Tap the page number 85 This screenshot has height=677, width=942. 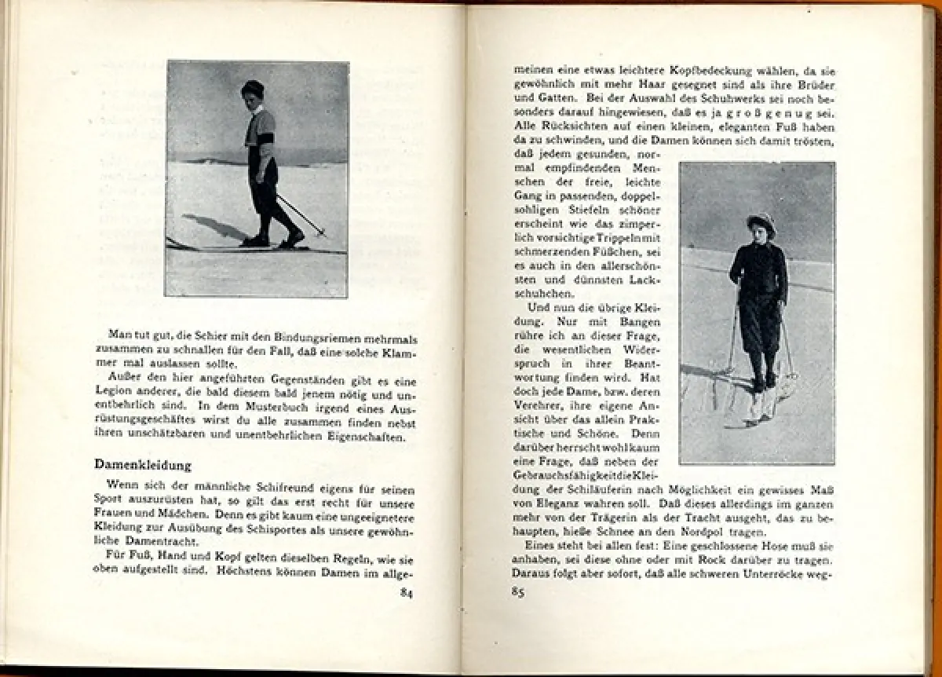[x=517, y=591]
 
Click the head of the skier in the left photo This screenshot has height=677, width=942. [x=252, y=92]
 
